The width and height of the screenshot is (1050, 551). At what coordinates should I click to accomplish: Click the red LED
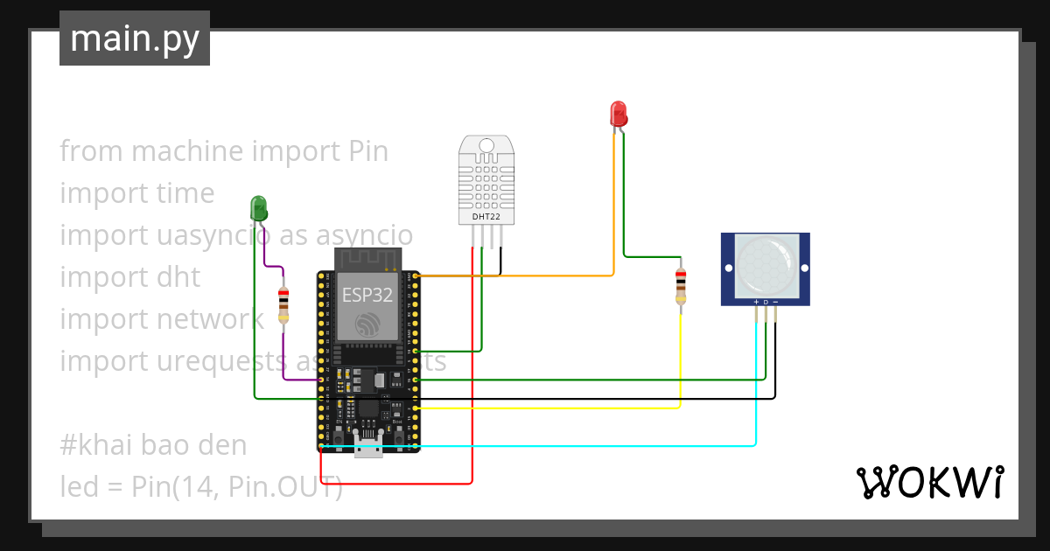(x=618, y=113)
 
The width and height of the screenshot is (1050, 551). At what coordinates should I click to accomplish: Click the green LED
(x=259, y=207)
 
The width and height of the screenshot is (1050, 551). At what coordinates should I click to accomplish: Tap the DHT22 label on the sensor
(x=486, y=215)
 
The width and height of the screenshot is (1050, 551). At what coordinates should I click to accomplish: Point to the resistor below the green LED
(x=283, y=305)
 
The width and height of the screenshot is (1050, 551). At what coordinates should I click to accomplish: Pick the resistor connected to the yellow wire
(x=681, y=288)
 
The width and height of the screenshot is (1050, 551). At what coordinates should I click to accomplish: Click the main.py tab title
(x=135, y=38)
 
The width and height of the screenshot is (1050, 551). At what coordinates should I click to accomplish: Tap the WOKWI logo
(x=929, y=482)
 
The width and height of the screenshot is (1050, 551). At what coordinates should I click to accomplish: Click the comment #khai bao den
(x=153, y=445)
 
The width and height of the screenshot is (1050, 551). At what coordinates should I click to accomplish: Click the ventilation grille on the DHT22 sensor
(x=486, y=179)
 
